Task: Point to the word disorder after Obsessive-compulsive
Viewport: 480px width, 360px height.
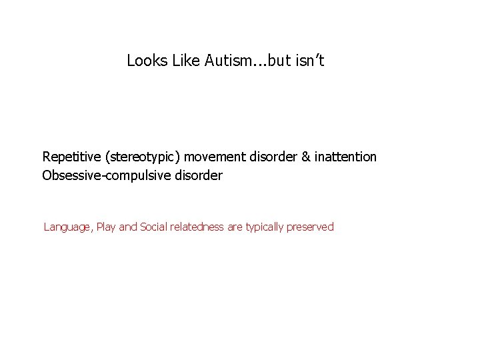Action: point(197,176)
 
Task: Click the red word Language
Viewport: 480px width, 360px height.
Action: point(68,227)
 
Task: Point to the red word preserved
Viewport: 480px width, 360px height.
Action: point(310,227)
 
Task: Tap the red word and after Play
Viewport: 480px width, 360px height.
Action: point(129,227)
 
